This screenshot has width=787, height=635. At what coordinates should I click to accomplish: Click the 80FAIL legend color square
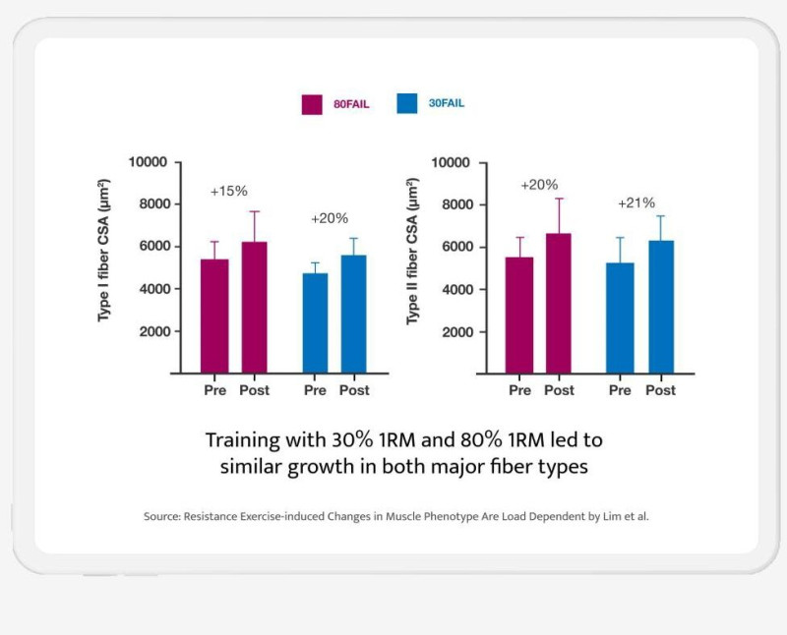click(313, 103)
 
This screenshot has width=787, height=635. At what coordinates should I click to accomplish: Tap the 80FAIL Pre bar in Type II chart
click(519, 315)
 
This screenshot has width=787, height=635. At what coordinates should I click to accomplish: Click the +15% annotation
click(227, 192)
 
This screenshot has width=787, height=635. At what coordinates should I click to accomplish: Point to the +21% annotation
click(636, 202)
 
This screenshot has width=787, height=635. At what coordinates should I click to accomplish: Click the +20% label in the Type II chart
click(539, 184)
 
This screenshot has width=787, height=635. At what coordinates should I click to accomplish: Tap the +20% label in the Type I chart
click(330, 218)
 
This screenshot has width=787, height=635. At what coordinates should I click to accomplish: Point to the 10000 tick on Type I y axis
click(146, 162)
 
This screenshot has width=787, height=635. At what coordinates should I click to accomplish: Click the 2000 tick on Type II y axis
click(454, 332)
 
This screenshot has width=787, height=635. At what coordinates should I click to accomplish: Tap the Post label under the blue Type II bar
click(661, 390)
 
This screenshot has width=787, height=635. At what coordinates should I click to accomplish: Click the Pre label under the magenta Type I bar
click(214, 390)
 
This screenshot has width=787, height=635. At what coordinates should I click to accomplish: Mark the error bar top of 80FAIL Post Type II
click(559, 199)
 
